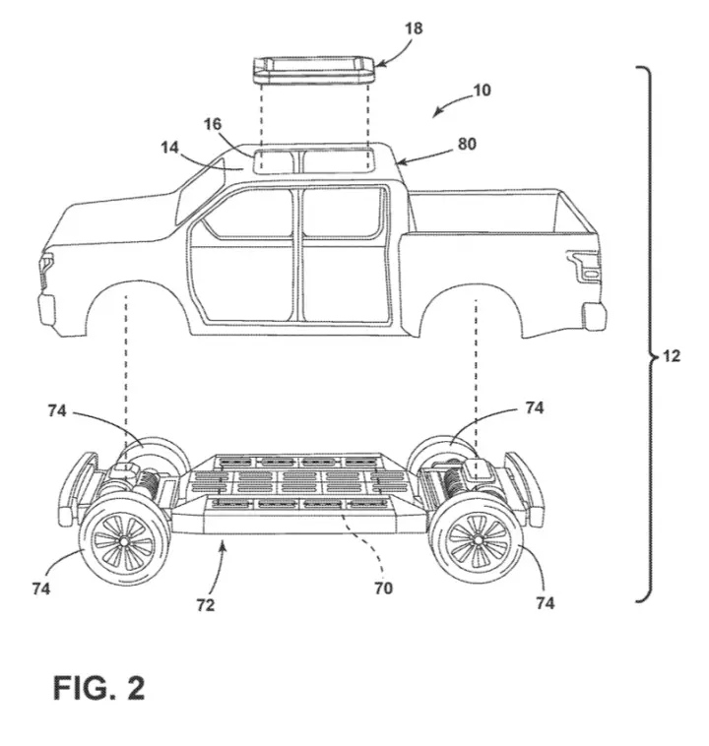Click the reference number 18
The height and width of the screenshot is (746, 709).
click(414, 29)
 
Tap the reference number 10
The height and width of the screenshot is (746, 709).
click(482, 91)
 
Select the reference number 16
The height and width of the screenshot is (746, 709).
click(213, 124)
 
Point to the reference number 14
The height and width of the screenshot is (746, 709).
click(169, 148)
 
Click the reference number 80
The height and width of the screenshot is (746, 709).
click(467, 144)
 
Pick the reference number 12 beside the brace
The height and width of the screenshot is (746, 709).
click(672, 356)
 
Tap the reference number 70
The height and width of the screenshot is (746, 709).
click(383, 589)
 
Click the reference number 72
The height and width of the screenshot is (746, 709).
click(206, 605)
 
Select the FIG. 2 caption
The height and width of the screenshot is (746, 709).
click(98, 688)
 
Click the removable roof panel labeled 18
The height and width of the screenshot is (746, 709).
click(314, 70)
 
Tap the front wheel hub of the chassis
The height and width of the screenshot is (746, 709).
click(124, 541)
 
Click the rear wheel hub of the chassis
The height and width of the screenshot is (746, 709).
click(478, 539)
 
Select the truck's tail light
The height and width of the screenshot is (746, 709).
click(585, 267)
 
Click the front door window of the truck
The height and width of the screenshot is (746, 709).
click(246, 213)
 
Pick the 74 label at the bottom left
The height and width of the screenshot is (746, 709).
click(41, 589)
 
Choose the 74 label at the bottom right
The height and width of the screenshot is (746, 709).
click(546, 603)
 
